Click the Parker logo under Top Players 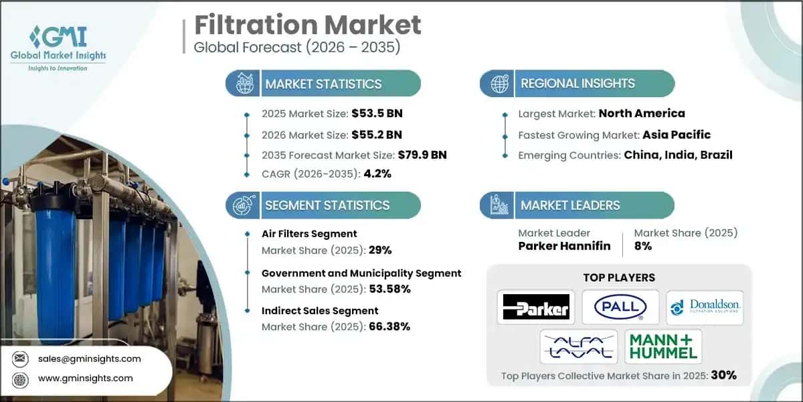coord(535,308)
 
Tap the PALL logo coord(620,308)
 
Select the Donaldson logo coord(705,308)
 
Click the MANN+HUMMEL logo coord(663,346)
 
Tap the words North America coord(642,113)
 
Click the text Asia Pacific coord(677,134)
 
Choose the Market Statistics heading coord(323,84)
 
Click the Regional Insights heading coord(578,84)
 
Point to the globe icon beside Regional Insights coord(499,84)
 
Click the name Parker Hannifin coord(564,246)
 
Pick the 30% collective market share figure coord(723,375)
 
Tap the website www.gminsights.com coord(86,378)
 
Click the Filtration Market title coord(308,25)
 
